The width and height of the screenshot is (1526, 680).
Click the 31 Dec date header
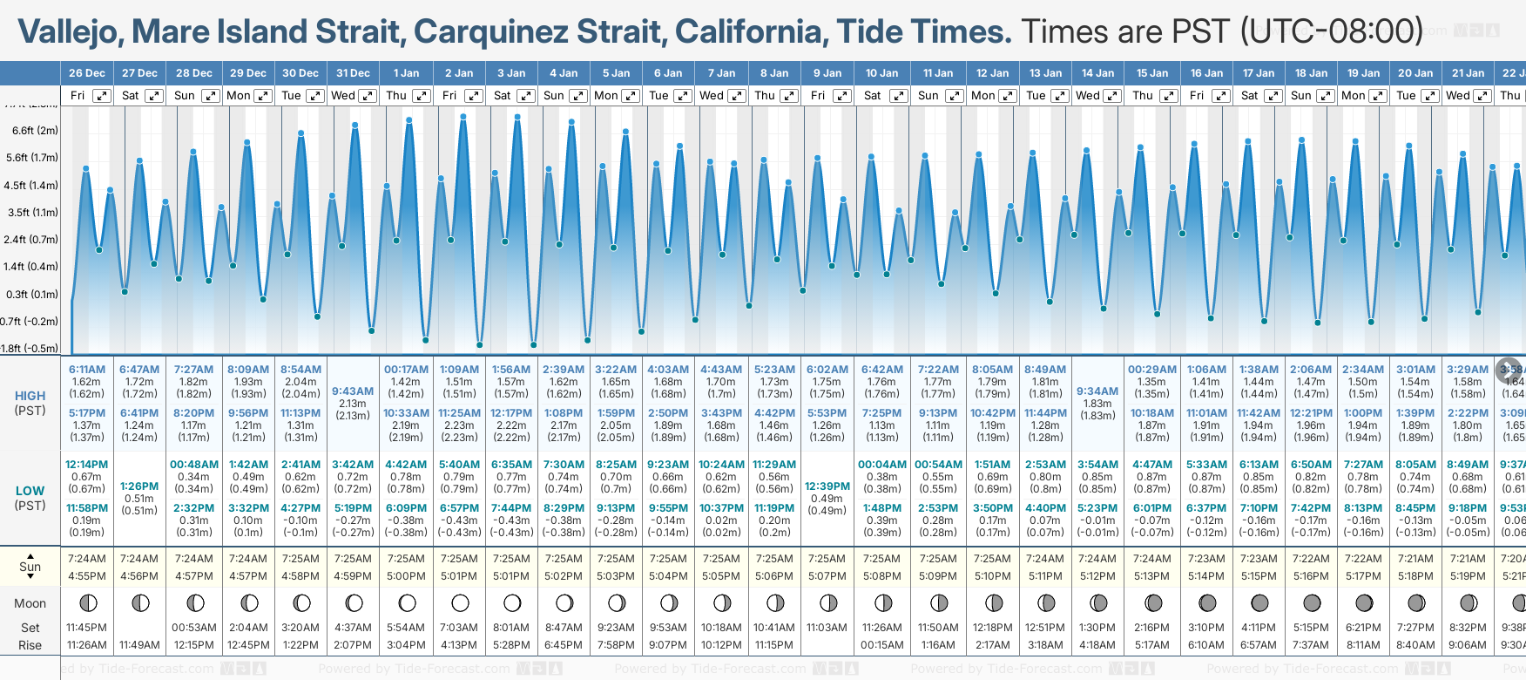point(353,73)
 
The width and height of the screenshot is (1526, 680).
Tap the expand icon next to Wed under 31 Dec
point(368,96)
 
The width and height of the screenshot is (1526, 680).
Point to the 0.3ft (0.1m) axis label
point(32,294)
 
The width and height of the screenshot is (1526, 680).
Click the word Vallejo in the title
point(71,32)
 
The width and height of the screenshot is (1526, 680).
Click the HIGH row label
point(30,396)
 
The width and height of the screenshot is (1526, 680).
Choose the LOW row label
point(30,491)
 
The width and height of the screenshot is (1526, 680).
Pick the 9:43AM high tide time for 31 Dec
point(353,391)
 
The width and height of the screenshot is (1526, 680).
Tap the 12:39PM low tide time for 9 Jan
point(827,486)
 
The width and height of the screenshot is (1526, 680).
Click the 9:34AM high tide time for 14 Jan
point(1097,391)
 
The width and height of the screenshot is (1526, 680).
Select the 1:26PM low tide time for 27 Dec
point(139,486)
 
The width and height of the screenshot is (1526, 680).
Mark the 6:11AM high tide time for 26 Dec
point(86,370)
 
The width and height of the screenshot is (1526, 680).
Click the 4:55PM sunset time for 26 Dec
point(86,576)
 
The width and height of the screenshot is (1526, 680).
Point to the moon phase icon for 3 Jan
point(512,602)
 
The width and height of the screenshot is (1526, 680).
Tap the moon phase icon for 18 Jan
point(1312,602)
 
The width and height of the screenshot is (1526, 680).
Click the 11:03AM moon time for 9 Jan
point(827,628)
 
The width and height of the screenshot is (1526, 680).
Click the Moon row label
point(30,603)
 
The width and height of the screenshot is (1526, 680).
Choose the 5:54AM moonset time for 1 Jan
point(406,628)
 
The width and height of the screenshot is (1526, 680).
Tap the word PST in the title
point(1203,32)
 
